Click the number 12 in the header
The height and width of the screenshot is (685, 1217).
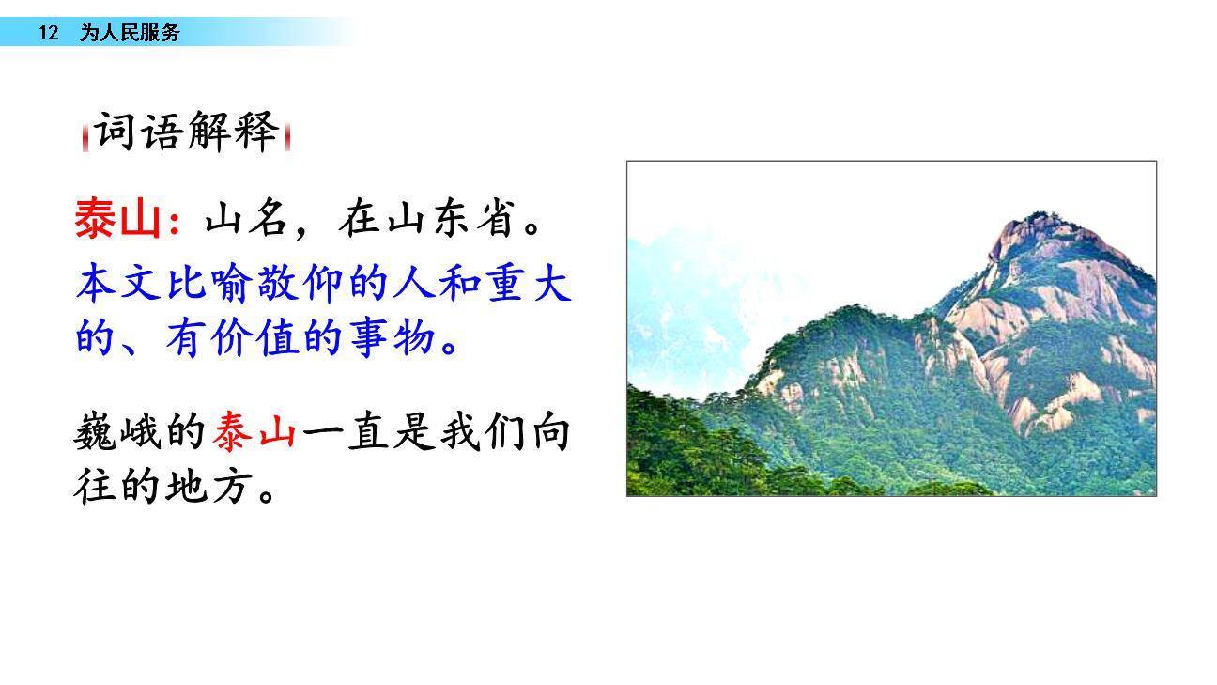pyautogui.click(x=48, y=33)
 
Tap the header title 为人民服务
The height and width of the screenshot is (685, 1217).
pyautogui.click(x=129, y=33)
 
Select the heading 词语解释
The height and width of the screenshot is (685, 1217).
pyautogui.click(x=186, y=132)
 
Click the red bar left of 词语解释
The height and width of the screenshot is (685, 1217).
pyautogui.click(x=85, y=137)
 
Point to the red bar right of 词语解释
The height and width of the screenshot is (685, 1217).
pyautogui.click(x=287, y=137)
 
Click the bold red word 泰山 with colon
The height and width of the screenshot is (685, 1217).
pyautogui.click(x=126, y=220)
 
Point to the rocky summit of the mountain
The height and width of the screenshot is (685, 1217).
pyautogui.click(x=1039, y=235)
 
